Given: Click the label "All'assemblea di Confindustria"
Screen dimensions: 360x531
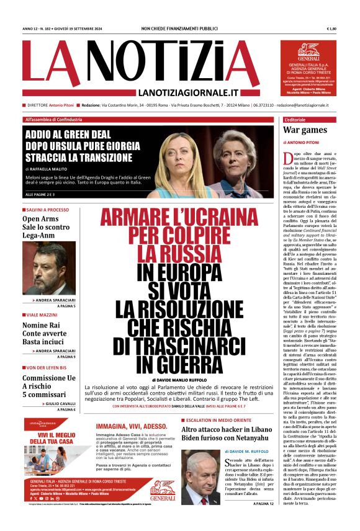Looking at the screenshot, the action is (53, 119).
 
